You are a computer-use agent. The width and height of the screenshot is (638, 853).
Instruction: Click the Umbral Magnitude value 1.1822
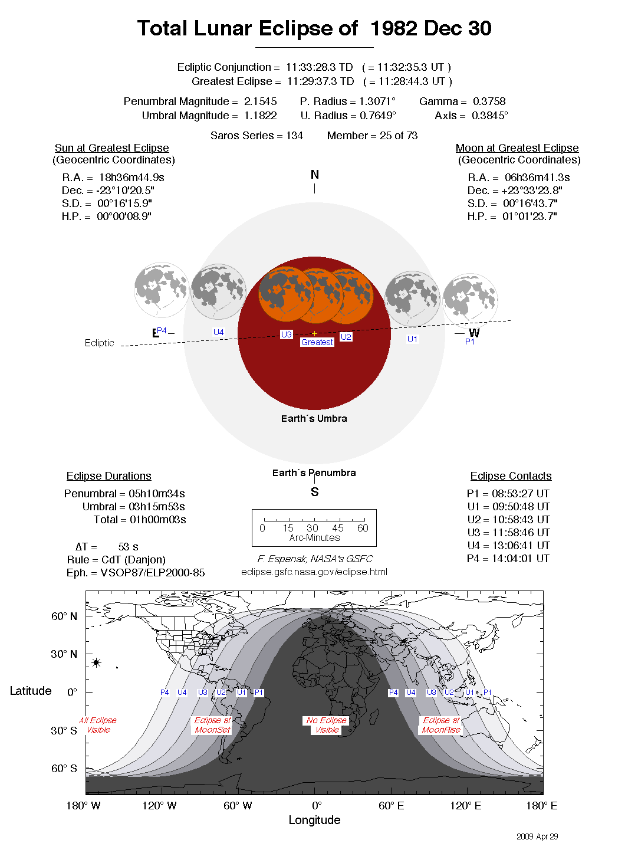260,116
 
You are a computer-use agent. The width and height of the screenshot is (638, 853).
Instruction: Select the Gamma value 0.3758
489,101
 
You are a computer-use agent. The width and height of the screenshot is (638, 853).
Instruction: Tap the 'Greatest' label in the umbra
317,342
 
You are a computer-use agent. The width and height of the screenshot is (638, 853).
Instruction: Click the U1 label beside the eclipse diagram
412,339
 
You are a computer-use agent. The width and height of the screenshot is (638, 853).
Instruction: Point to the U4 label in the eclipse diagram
218,332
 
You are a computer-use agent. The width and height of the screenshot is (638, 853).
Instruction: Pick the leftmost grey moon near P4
161,290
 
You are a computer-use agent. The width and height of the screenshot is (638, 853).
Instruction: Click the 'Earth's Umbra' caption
314,418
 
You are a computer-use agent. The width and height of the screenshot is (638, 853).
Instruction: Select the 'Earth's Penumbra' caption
314,473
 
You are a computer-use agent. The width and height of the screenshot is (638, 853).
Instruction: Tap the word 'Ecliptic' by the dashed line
99,343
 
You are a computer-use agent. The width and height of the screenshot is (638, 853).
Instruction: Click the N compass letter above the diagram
314,175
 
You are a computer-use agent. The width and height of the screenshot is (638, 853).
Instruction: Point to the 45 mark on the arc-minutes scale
338,528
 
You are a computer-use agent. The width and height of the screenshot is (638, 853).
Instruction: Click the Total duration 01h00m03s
157,520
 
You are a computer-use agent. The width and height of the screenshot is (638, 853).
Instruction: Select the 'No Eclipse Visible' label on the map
327,725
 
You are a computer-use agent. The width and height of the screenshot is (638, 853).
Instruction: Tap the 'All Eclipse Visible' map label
98,725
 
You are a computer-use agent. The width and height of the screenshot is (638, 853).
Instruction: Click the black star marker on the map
96,662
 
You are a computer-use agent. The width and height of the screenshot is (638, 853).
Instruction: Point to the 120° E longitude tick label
465,806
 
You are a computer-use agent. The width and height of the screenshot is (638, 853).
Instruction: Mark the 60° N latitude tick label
64,616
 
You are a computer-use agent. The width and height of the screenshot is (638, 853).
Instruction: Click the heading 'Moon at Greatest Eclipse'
517,148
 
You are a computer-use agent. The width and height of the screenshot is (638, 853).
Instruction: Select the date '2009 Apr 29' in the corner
537,836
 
